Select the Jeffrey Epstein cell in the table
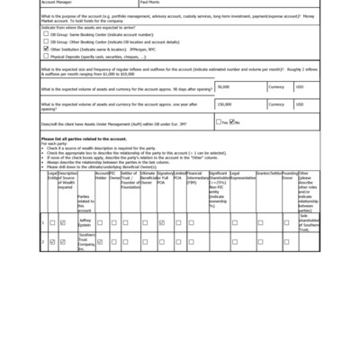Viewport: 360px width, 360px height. point(85,221)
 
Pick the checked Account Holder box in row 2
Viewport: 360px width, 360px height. point(100,242)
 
